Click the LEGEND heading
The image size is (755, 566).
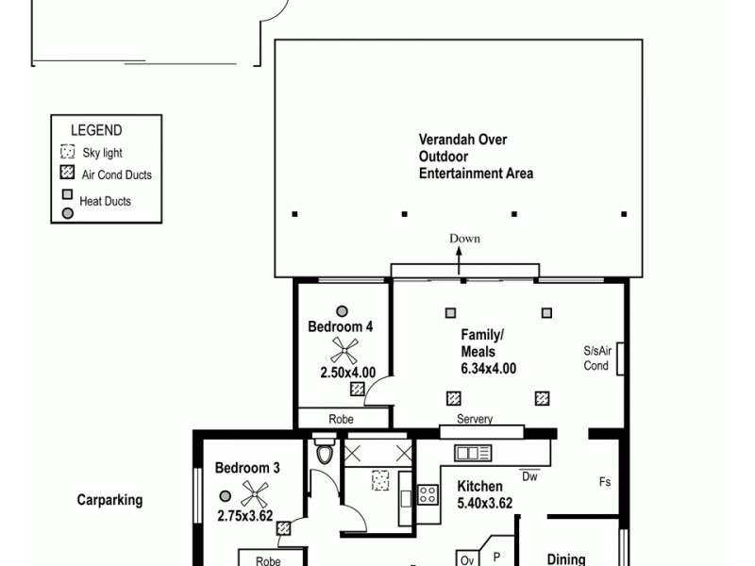95,131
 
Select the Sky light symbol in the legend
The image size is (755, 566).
67,152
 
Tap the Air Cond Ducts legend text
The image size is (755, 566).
116,175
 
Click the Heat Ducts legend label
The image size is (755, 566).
105,201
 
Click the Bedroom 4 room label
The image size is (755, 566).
341,327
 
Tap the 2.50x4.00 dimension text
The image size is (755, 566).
347,373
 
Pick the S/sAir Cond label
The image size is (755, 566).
597,358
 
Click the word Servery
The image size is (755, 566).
474,420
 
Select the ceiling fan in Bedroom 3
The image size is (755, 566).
254,492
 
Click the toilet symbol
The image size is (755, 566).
325,452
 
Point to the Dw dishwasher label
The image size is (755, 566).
530,475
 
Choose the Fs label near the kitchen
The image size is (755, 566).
604,482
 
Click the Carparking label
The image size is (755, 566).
109,500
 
